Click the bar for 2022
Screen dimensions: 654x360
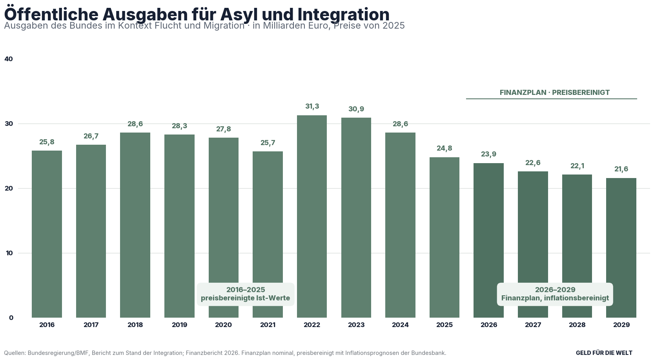click(x=312, y=216)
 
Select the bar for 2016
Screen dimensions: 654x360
click(x=47, y=234)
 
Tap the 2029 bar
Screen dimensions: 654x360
click(x=621, y=248)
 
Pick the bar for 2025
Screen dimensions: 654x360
click(x=445, y=238)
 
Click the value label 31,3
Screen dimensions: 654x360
click(x=312, y=107)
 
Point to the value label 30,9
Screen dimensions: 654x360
click(x=356, y=109)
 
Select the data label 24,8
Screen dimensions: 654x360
click(x=445, y=148)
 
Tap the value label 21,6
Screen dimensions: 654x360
click(x=621, y=169)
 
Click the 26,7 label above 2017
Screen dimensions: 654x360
click(x=91, y=136)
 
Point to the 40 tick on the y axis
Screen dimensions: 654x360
click(x=9, y=59)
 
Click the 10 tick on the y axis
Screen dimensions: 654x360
click(x=9, y=253)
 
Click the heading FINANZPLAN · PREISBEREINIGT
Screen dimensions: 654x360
click(x=554, y=93)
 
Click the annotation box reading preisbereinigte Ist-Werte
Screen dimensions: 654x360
click(x=246, y=294)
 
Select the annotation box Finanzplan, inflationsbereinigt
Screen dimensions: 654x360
click(x=555, y=294)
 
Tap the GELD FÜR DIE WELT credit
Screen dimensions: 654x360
click(x=604, y=353)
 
